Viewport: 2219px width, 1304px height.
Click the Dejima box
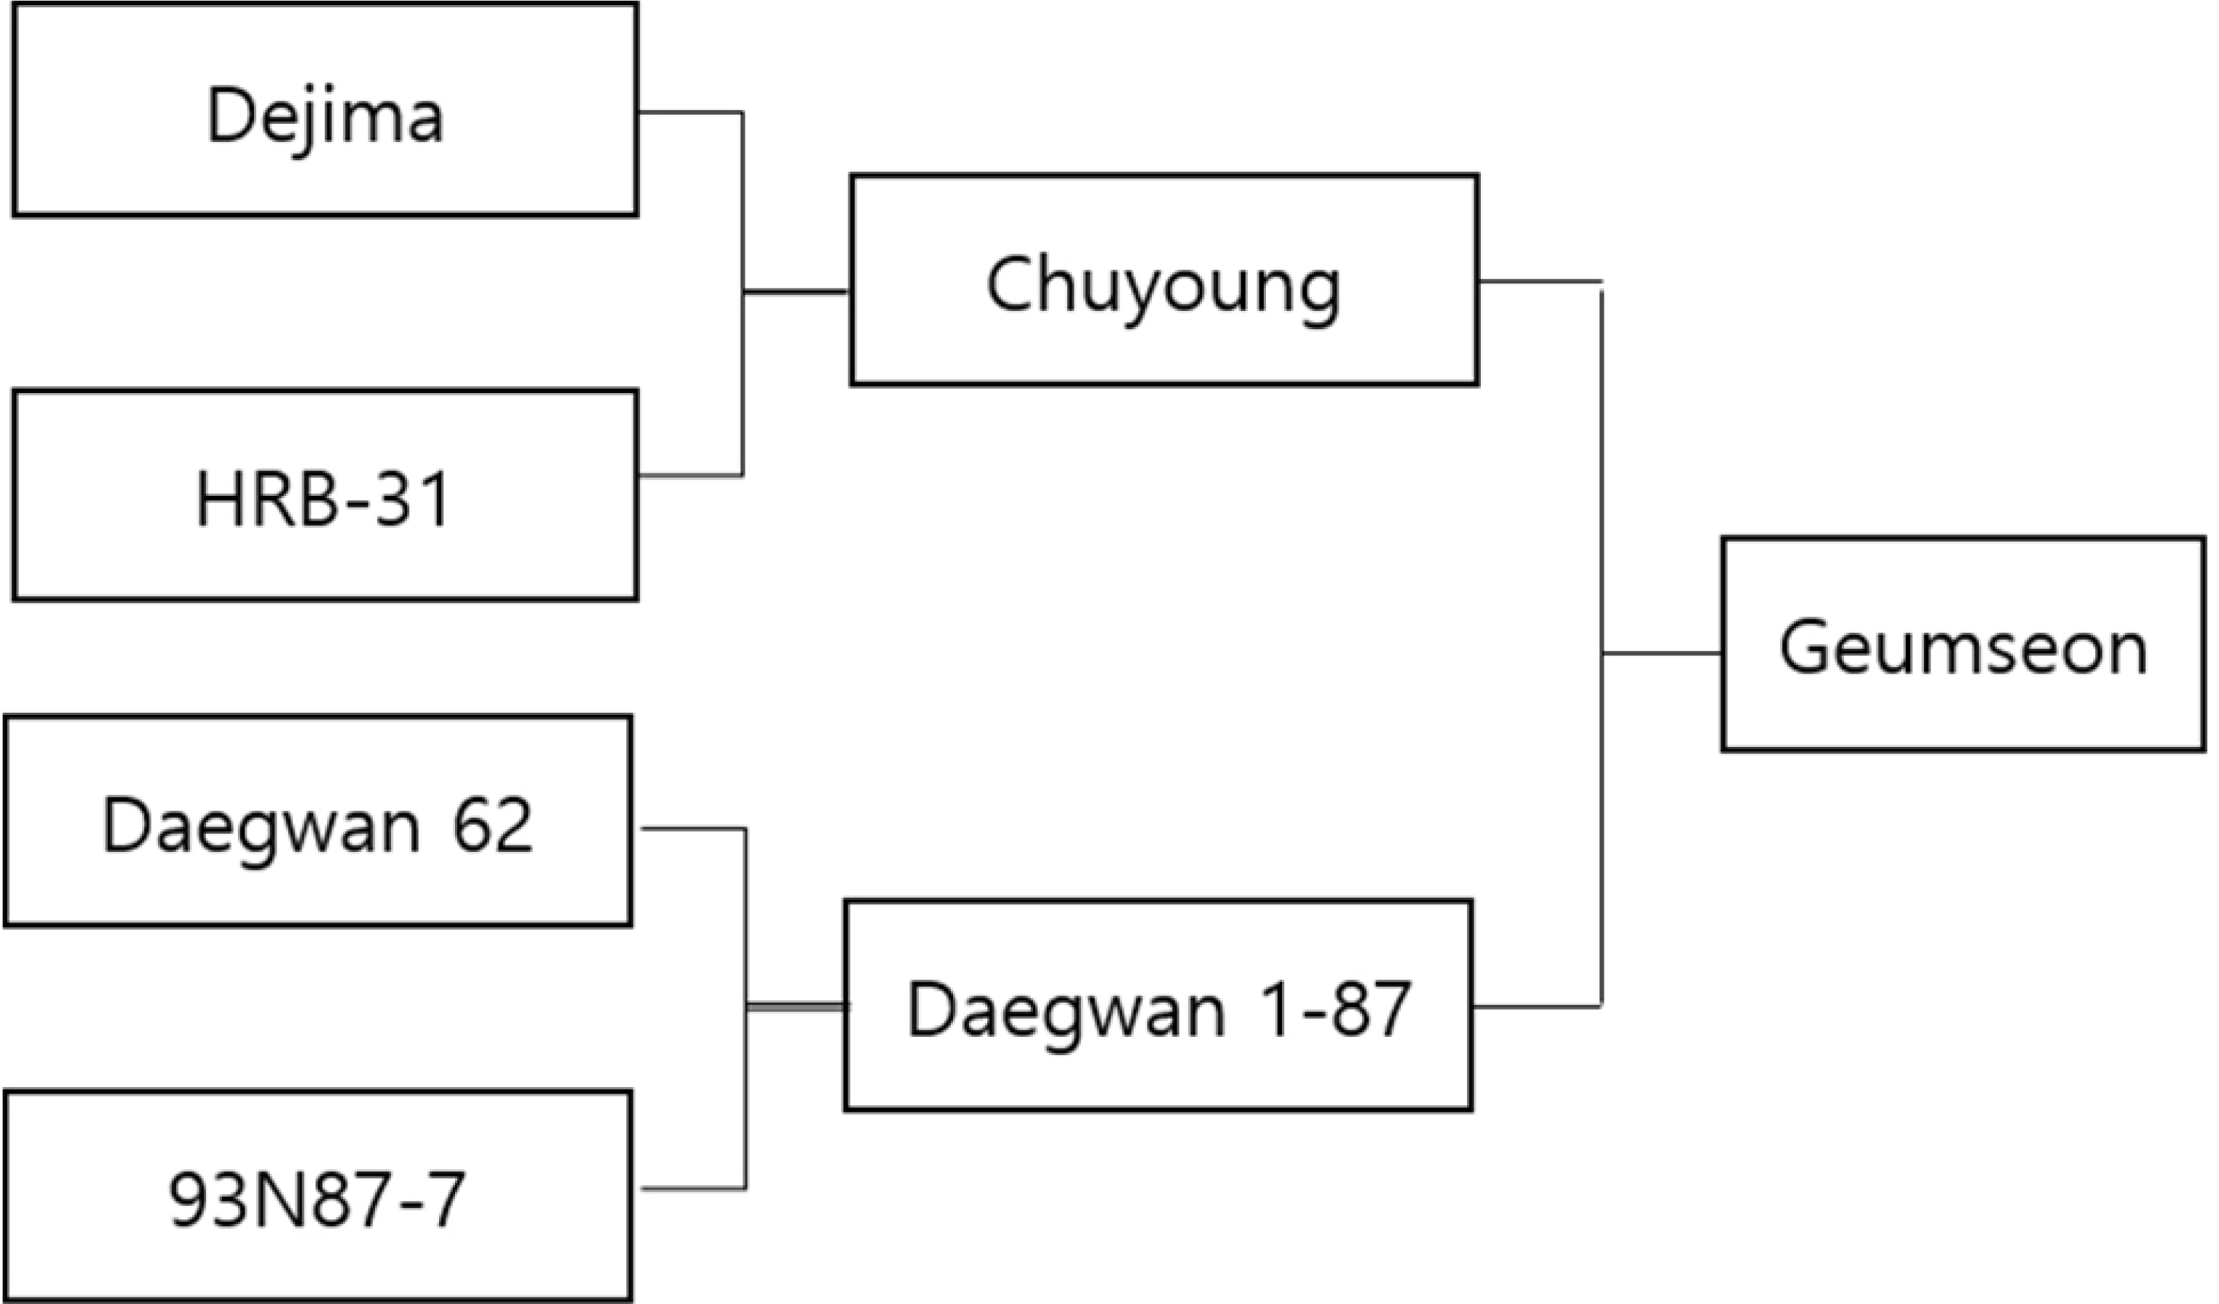pyautogui.click(x=325, y=109)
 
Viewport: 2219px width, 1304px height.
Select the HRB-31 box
pyautogui.click(x=325, y=495)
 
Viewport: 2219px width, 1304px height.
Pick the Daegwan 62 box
pyautogui.click(x=318, y=821)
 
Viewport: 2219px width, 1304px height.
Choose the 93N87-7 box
pyautogui.click(x=318, y=1195)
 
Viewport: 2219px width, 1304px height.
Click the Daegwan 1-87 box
pyautogui.click(x=1158, y=1005)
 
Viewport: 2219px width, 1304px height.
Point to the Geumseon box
pyautogui.click(x=1963, y=644)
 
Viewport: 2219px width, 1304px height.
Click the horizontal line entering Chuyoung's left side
pyautogui.click(x=796, y=291)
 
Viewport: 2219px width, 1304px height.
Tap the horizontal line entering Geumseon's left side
pyautogui.click(x=1661, y=653)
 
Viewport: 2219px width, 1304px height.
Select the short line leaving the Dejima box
pyautogui.click(x=691, y=113)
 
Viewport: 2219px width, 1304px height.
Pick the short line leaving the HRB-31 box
pyautogui.click(x=691, y=475)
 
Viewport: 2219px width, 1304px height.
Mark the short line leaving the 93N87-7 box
pyautogui.click(x=695, y=1189)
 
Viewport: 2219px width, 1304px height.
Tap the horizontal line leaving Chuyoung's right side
pyautogui.click(x=1540, y=282)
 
